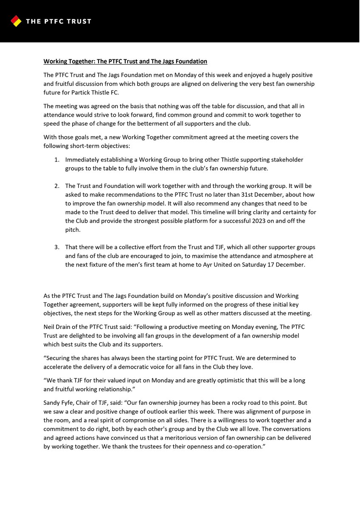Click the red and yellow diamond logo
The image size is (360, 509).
16,21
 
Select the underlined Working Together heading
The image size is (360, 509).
125,62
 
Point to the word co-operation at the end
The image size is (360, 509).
242,446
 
